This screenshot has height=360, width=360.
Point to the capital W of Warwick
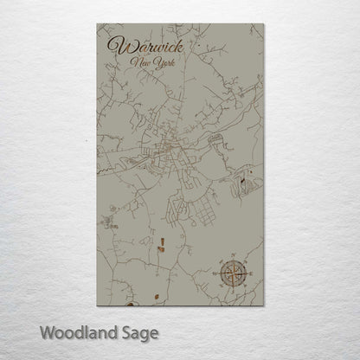click(113, 46)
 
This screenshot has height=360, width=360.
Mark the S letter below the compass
click(234, 292)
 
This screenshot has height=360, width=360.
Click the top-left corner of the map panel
click(92, 23)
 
